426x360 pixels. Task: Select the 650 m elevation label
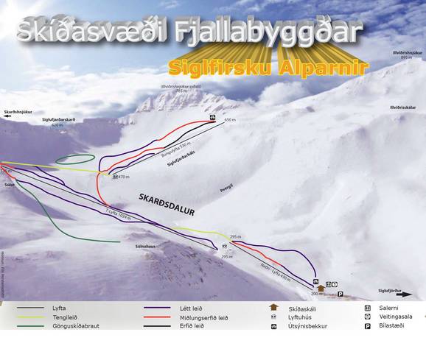pyautogui.click(x=228, y=119)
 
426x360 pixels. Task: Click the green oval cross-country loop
pyautogui.click(x=76, y=158)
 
